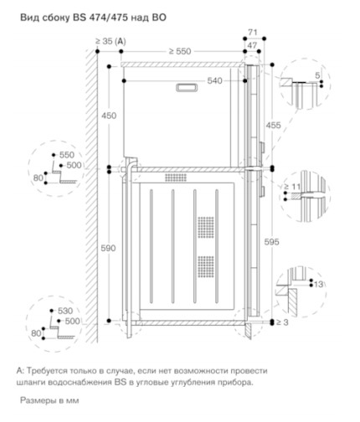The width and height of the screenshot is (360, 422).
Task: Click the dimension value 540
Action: tap(214, 81)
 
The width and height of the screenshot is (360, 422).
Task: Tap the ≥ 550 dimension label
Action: tap(180, 51)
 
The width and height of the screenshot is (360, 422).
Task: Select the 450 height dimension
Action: tap(109, 116)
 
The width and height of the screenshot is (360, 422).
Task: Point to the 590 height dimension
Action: tap(108, 248)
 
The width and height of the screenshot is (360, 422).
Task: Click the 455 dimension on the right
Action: tap(273, 126)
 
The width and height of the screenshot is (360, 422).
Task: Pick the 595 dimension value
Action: tap(271, 242)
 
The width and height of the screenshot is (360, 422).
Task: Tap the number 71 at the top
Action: tap(253, 33)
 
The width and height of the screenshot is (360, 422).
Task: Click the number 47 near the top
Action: tap(252, 45)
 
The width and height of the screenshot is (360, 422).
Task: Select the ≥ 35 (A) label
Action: tap(111, 42)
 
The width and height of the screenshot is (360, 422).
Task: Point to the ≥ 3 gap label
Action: tap(282, 322)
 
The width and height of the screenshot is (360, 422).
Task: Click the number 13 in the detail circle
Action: tap(318, 285)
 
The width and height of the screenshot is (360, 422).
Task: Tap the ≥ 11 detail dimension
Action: tap(292, 187)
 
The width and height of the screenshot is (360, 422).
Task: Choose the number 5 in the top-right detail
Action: tap(317, 75)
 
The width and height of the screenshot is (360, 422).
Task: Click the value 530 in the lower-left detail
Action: tap(65, 311)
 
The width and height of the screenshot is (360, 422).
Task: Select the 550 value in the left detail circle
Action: tap(67, 155)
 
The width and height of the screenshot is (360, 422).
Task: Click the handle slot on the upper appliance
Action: tap(187, 87)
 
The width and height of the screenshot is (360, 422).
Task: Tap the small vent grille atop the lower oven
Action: tap(176, 178)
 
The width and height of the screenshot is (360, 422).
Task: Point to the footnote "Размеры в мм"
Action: tap(49, 400)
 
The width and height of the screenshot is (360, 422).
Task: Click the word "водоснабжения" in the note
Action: tap(80, 383)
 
